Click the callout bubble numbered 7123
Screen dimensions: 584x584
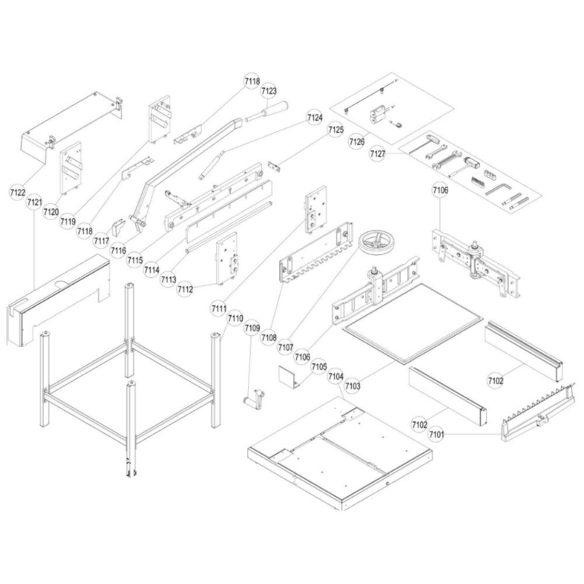point(269,91)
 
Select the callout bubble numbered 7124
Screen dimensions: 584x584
point(315,118)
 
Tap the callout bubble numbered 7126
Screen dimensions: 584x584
point(357,141)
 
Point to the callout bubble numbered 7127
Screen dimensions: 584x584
point(378,154)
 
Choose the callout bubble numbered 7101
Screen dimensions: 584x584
point(436,434)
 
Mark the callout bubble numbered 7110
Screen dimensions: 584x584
point(236,318)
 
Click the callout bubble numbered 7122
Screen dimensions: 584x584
point(18,193)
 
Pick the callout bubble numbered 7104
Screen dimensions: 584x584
point(336,377)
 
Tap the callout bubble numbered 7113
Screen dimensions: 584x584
point(168,279)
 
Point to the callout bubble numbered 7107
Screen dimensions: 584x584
point(286,347)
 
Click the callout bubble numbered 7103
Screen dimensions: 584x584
point(353,386)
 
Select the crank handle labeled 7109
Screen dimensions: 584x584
point(255,398)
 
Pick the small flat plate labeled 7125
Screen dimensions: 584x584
point(274,166)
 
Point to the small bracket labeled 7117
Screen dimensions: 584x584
point(119,227)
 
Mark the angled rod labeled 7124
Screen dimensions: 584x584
point(213,164)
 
